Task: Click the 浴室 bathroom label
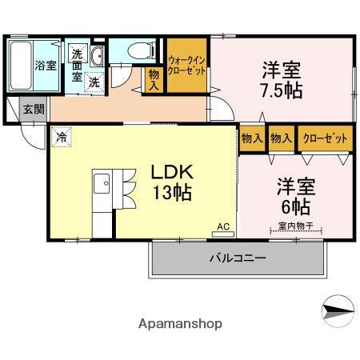point(44,66)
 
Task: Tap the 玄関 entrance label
point(33,109)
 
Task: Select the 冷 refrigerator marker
point(61,138)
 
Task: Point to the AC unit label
point(223,227)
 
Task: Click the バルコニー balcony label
point(238,258)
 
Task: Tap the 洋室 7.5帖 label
point(280,78)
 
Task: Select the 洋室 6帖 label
point(295,195)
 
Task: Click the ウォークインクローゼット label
point(187,66)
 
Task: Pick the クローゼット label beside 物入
point(325,138)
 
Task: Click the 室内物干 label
point(294,226)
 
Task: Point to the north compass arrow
point(337,307)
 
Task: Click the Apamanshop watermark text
point(180,324)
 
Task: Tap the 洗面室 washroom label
point(77,66)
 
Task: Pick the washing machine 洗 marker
point(94,82)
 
